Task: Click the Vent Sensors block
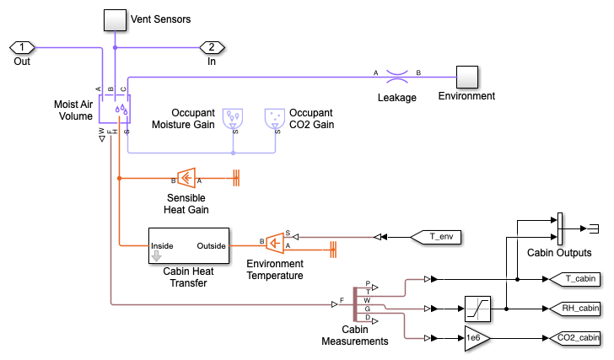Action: click(114, 20)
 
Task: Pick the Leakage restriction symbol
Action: click(397, 77)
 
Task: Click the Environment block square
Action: click(466, 77)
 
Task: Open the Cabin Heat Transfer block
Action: click(188, 246)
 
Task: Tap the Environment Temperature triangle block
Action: click(275, 243)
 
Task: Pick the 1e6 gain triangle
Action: click(476, 338)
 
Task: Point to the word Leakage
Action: click(396, 98)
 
